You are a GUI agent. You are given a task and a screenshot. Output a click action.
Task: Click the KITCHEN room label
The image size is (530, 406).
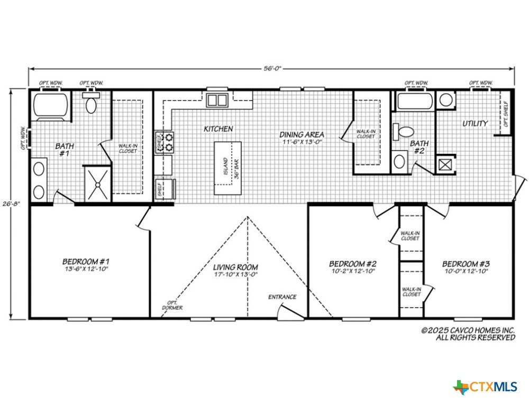click(x=218, y=128)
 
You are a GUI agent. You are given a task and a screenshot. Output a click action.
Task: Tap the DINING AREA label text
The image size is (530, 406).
click(x=301, y=135)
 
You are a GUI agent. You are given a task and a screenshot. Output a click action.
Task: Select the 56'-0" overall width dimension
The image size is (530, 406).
click(x=271, y=68)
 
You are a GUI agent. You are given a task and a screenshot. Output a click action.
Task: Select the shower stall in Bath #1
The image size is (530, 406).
click(x=98, y=183)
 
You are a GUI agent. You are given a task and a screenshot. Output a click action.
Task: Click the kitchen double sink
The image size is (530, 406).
click(x=217, y=99)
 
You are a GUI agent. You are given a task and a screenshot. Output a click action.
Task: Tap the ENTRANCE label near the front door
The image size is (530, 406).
click(x=282, y=297)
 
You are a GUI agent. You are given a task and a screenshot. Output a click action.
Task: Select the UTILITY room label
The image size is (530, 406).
click(x=475, y=123)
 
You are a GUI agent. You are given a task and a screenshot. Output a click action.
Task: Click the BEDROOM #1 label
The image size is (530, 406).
click(x=86, y=262)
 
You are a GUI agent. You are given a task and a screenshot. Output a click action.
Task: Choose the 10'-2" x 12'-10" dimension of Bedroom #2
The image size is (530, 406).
click(x=352, y=271)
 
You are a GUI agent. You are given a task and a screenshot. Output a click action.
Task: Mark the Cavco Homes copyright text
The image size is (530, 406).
click(x=468, y=333)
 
